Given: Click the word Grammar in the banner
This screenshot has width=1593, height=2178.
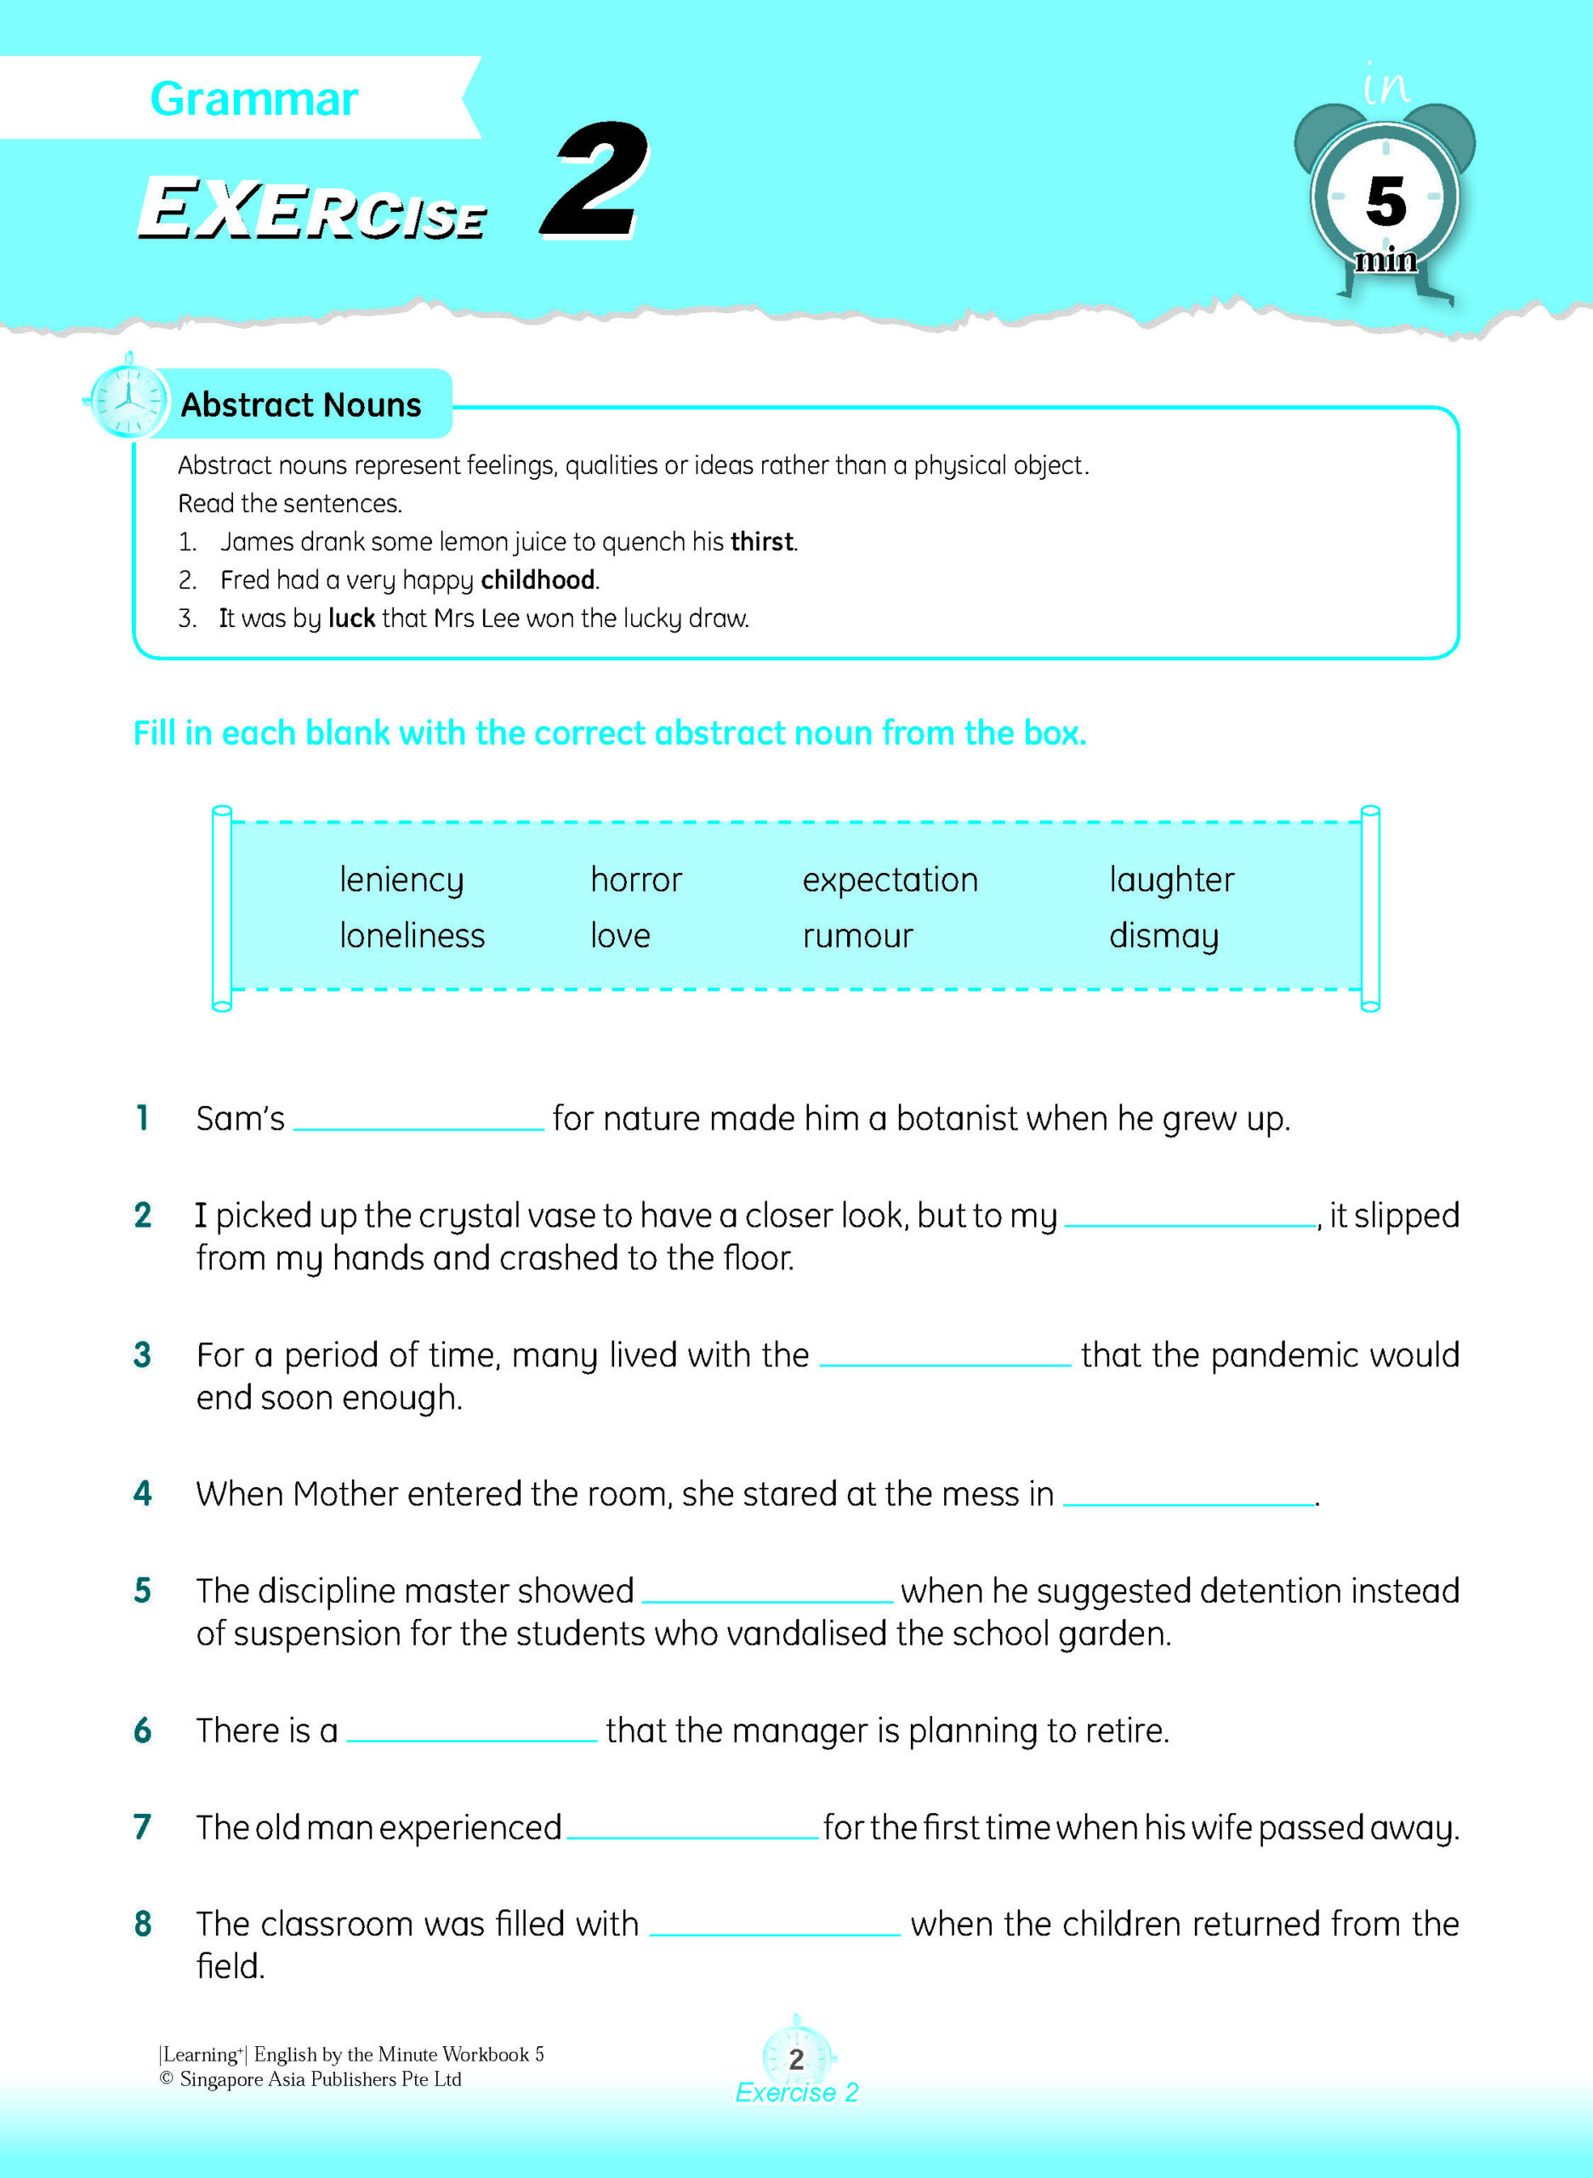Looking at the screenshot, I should [x=253, y=100].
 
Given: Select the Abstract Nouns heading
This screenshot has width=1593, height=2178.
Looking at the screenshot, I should [x=301, y=404].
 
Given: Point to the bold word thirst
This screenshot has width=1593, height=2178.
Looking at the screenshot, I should [x=762, y=542].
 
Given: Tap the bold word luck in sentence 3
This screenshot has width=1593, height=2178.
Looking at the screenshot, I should [x=351, y=619].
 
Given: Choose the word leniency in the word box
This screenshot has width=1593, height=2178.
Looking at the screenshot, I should [x=401, y=880].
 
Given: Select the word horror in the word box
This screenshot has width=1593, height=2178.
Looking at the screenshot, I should [x=635, y=880].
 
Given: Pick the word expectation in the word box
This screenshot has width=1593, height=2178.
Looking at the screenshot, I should [x=890, y=880].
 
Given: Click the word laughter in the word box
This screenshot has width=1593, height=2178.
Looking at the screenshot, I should [x=1170, y=880].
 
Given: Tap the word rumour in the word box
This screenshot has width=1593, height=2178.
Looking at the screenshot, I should [x=857, y=936].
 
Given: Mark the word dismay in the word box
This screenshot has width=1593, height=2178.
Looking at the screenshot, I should [x=1163, y=936].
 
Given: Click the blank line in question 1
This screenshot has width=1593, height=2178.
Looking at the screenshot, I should [x=418, y=1125].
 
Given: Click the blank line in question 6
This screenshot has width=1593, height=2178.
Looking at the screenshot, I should [x=471, y=1737].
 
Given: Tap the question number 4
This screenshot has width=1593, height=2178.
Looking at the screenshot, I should [x=143, y=1494].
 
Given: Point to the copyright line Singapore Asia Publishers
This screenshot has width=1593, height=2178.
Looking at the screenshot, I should [x=310, y=2079].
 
